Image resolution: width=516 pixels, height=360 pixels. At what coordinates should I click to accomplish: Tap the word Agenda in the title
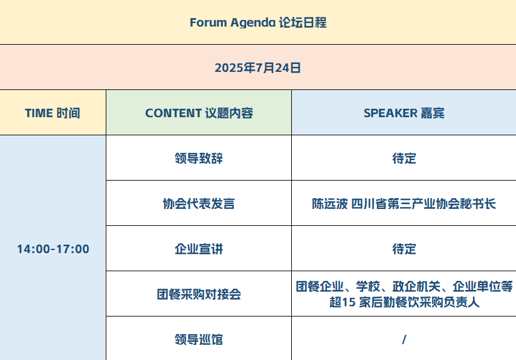(x=253, y=23)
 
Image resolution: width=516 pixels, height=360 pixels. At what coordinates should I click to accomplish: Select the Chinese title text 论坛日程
(x=303, y=23)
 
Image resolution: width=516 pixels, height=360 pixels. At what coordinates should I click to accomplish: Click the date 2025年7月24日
(x=257, y=68)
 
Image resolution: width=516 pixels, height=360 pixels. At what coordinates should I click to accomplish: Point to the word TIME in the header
(x=39, y=113)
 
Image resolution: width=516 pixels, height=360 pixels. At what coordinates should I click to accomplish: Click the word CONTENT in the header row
(x=173, y=113)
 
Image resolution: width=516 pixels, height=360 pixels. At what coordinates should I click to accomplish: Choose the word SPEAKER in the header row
(x=390, y=113)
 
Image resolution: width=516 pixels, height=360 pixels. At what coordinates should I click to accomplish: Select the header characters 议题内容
(x=229, y=113)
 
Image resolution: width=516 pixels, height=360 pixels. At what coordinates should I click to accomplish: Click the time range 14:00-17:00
(x=53, y=249)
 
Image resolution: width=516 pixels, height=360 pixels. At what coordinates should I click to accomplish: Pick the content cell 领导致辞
(x=199, y=158)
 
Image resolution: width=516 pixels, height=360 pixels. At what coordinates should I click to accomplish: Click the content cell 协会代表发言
(x=199, y=204)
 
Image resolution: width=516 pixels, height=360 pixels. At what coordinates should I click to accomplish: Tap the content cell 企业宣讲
(x=199, y=249)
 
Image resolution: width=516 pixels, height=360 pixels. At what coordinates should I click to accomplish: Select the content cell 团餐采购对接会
(x=199, y=294)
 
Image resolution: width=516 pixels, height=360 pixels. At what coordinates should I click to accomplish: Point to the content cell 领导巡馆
(x=199, y=339)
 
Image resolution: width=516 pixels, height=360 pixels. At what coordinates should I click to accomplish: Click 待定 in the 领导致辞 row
(x=404, y=158)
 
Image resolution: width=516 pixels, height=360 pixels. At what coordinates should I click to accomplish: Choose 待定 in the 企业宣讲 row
(x=404, y=249)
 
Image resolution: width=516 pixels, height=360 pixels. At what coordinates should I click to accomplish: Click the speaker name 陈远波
(x=330, y=204)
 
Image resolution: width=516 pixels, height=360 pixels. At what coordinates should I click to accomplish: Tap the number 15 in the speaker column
(x=349, y=302)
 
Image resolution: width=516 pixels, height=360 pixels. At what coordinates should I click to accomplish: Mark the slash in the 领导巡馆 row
(x=404, y=339)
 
